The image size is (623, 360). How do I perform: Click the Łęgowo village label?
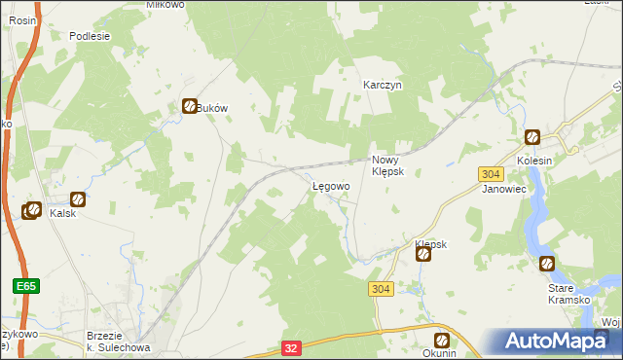click(x=330, y=186)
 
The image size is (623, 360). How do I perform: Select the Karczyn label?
click(x=383, y=85)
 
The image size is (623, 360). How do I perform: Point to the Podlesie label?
click(x=90, y=36)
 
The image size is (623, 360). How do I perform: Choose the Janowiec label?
click(x=504, y=190)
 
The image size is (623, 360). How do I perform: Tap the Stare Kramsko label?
click(x=569, y=293)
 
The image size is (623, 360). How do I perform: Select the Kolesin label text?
click(x=533, y=161)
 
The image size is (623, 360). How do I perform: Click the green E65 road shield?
click(x=25, y=286)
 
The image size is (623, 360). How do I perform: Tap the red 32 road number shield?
click(x=291, y=346)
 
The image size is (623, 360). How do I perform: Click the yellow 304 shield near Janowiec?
click(x=491, y=173)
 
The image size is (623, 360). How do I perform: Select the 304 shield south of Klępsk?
click(x=382, y=289)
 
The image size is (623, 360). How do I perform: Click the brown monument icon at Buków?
click(x=190, y=108)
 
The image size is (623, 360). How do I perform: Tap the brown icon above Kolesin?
click(x=531, y=138)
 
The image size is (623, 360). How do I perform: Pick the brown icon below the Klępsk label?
click(x=424, y=255)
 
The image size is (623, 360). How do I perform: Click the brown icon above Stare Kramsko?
click(x=546, y=264)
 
